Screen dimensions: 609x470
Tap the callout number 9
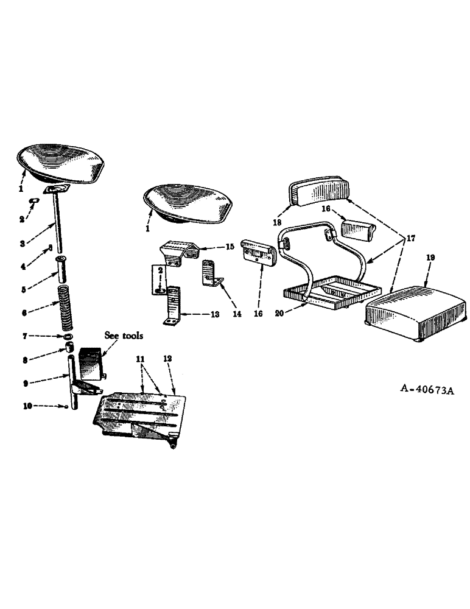(24, 382)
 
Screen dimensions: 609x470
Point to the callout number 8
(24, 360)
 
